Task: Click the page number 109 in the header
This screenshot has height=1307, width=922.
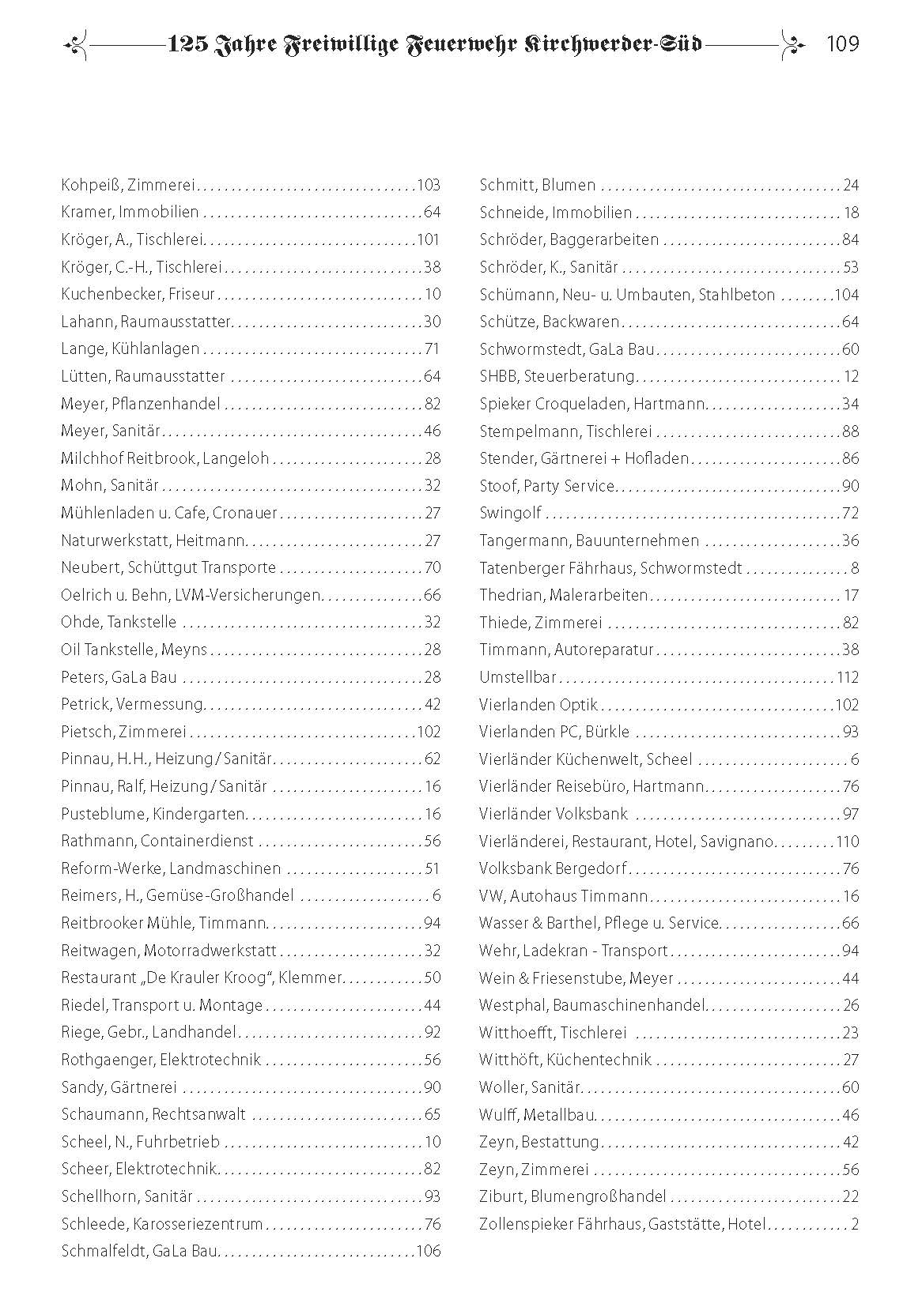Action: (x=841, y=44)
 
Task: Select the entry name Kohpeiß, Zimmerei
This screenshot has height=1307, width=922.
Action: (x=127, y=186)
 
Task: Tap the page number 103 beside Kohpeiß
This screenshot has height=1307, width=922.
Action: (x=428, y=186)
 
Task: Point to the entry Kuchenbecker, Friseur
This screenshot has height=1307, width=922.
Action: (x=138, y=295)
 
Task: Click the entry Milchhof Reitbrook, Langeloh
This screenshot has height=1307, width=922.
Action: (x=164, y=458)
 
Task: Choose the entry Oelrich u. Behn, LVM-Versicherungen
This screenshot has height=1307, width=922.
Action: (x=191, y=595)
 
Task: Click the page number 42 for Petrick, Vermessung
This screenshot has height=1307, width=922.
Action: (x=432, y=704)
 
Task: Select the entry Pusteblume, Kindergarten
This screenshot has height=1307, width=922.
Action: (x=153, y=814)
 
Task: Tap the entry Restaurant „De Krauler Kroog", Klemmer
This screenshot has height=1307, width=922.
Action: (x=201, y=977)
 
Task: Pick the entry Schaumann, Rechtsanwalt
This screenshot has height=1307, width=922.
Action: (x=153, y=1114)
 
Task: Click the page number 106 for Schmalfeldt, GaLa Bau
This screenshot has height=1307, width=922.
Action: (x=428, y=1251)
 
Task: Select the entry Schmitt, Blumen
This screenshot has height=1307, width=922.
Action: (x=537, y=186)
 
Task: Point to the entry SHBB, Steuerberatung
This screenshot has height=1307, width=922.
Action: (x=557, y=376)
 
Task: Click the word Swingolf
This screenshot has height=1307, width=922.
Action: (x=510, y=513)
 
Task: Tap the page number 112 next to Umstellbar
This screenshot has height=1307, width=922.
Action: (x=847, y=677)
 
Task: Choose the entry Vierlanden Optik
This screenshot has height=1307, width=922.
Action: (x=538, y=705)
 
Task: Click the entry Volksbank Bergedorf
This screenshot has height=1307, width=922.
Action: (x=552, y=868)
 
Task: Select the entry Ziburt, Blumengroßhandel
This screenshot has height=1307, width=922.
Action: (x=572, y=1196)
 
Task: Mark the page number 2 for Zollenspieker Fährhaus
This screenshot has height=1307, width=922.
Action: (x=855, y=1224)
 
